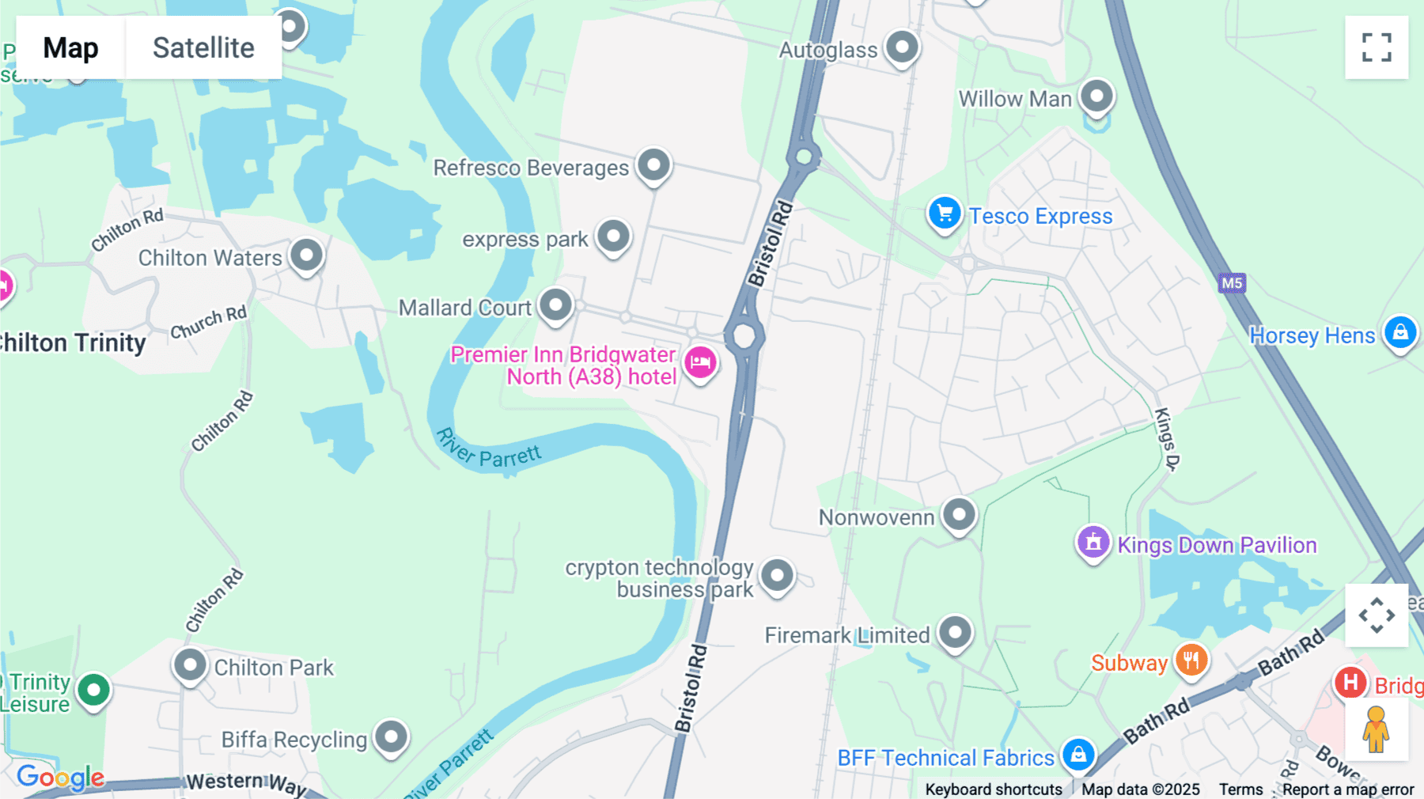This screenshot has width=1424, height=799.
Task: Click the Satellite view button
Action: (x=203, y=47)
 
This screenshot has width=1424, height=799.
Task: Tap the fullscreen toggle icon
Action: (x=1377, y=47)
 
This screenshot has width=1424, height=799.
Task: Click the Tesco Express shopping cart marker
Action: (x=944, y=214)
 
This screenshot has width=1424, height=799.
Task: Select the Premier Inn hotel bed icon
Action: (x=700, y=363)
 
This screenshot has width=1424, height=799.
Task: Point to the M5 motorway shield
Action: (x=1232, y=283)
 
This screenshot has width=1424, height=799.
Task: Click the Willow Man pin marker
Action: (x=1096, y=97)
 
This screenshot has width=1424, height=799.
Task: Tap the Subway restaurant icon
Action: (x=1191, y=660)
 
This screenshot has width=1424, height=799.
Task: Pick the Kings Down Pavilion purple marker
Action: (x=1093, y=543)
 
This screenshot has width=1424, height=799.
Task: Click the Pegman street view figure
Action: (x=1376, y=729)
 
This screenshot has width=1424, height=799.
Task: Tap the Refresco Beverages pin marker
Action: (x=653, y=165)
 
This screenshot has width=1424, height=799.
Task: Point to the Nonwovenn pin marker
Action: (x=959, y=515)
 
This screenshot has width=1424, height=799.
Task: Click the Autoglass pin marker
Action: (x=902, y=47)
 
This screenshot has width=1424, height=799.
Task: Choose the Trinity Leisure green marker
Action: (x=93, y=690)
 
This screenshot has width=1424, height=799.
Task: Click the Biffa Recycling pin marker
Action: (x=391, y=737)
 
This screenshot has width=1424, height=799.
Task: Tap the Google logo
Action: (x=60, y=777)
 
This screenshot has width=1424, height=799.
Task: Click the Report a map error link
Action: (x=1348, y=790)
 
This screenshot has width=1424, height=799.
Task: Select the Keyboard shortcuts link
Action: (x=994, y=790)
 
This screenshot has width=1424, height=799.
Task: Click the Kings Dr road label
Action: (x=1166, y=439)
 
